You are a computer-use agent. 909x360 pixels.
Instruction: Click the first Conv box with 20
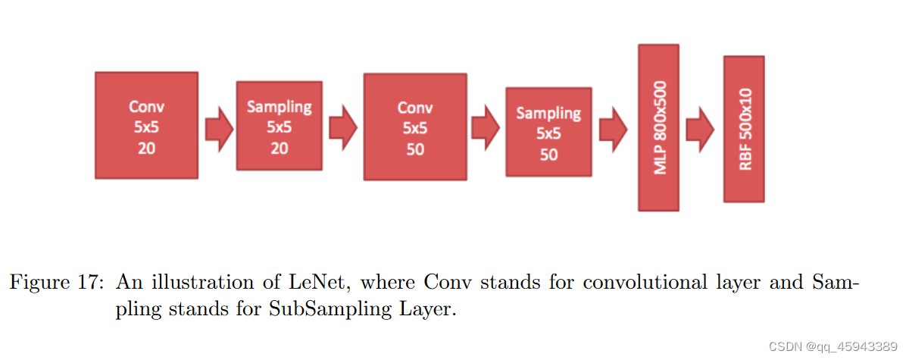[146, 125]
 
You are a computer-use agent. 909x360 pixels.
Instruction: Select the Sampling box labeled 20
[280, 127]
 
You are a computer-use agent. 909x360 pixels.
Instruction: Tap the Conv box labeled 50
[415, 127]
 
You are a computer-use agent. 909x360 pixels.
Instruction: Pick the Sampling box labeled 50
[548, 133]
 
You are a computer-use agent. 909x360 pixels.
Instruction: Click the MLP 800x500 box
[658, 127]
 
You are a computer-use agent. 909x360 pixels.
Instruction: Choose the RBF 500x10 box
[744, 128]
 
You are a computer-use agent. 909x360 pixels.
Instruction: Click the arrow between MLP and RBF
[700, 125]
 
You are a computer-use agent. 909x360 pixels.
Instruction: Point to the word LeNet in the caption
[328, 283]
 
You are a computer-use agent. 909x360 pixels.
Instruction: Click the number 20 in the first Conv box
[146, 148]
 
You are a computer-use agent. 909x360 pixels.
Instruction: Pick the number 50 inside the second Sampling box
[548, 155]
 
